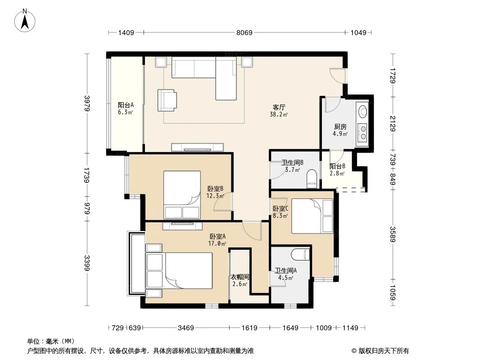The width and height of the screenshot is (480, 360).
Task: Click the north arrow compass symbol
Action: coord(26,20)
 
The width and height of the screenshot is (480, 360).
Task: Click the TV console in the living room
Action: coord(198,147)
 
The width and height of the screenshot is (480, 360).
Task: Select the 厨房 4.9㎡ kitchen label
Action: coord(340,130)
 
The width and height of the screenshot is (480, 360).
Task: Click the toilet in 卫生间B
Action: coord(311,179)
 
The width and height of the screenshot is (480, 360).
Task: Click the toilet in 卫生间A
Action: coord(300,254)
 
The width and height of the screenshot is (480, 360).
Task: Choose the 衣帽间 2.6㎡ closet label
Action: coord(240,280)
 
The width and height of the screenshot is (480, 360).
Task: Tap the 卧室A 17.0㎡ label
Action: coord(217,240)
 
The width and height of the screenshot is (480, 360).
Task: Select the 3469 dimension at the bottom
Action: coord(185,328)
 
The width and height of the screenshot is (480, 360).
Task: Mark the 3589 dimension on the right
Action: coord(393,234)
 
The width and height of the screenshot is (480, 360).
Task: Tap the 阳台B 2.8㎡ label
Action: coord(337,169)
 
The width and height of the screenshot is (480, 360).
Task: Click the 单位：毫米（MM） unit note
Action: coord(50,341)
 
